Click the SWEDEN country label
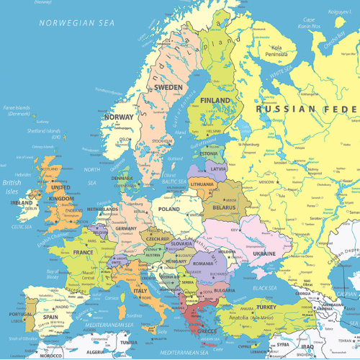(169, 87)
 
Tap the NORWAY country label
(119, 117)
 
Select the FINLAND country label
(215, 100)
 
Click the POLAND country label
(169, 208)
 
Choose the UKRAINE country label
(264, 253)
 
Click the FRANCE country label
(83, 253)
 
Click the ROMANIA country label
(203, 264)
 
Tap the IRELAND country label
(22, 203)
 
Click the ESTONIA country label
(209, 153)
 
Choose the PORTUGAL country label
(19, 314)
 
